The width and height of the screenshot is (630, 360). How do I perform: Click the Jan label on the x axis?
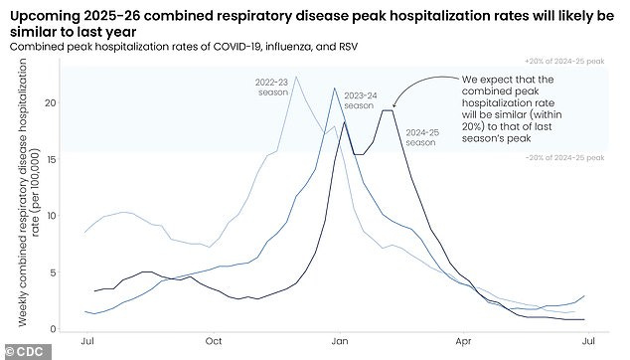pyautogui.click(x=337, y=341)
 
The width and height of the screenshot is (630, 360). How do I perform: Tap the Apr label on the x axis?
pyautogui.click(x=462, y=341)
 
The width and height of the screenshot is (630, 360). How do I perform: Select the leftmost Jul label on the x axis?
pyautogui.click(x=86, y=341)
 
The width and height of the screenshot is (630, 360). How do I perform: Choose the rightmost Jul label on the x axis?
pyautogui.click(x=587, y=341)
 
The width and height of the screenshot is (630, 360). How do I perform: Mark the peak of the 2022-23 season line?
pyautogui.click(x=295, y=77)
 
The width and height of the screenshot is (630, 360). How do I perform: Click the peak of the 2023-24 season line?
pyautogui.click(x=334, y=89)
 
